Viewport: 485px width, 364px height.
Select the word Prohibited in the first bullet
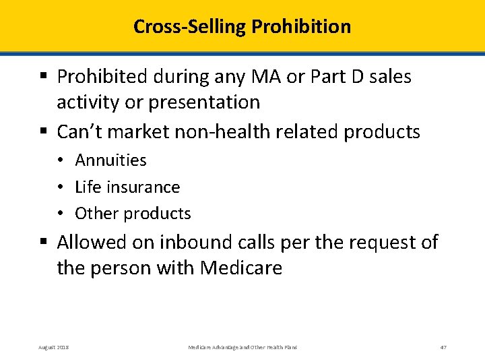coord(103,77)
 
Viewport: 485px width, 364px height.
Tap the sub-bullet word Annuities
coord(110,160)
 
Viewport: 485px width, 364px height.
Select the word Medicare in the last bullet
coord(241,268)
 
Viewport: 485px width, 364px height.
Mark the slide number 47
coord(443,347)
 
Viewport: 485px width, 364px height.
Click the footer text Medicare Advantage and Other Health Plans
coord(243,347)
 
